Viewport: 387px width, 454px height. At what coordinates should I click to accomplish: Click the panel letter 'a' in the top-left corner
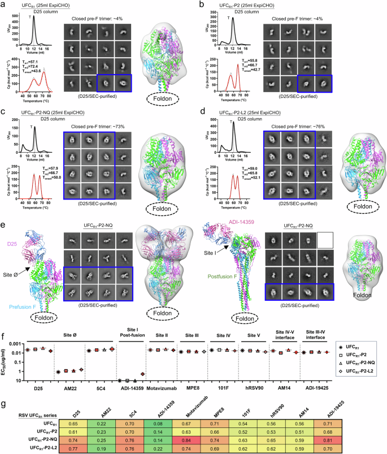3,5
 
